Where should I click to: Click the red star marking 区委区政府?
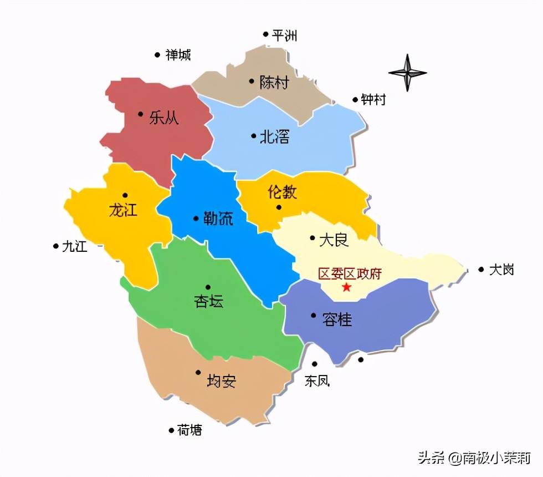(347, 287)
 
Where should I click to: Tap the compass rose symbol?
(407, 73)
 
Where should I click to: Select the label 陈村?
(274, 83)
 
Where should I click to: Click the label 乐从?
(164, 118)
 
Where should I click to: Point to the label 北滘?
(274, 136)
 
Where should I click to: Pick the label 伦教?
(282, 192)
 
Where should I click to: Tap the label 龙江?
(123, 211)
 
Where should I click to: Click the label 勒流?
(217, 219)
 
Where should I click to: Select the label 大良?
(334, 240)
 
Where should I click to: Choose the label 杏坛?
(208, 301)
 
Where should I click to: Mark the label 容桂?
(337, 319)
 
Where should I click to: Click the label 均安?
(221, 381)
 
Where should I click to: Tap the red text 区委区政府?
(350, 273)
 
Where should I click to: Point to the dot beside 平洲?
(266, 34)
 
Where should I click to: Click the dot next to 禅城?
(157, 54)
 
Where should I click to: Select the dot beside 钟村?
(355, 100)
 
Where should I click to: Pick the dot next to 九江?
(55, 246)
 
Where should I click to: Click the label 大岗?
(501, 270)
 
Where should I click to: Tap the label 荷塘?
(189, 430)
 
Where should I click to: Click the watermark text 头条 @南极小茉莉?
(474, 458)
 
